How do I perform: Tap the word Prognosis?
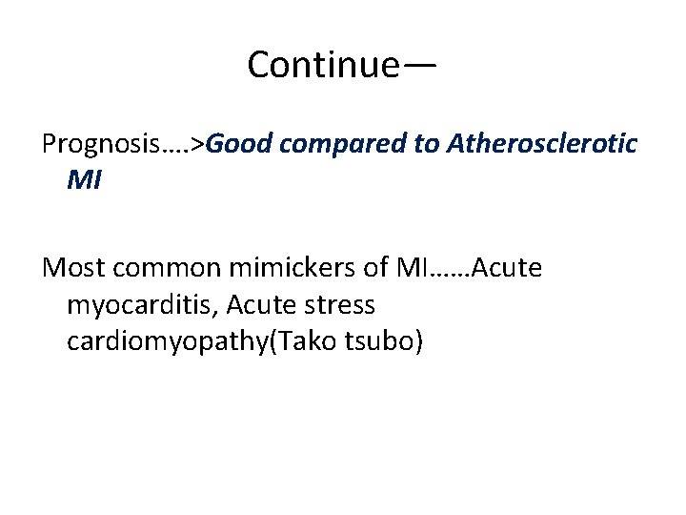(102, 145)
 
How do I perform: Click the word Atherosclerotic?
(544, 144)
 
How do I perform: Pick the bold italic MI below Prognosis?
(84, 178)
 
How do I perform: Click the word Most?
(71, 268)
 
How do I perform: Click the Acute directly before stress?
(258, 306)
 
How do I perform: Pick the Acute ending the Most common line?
(507, 268)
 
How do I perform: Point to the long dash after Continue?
(420, 65)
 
